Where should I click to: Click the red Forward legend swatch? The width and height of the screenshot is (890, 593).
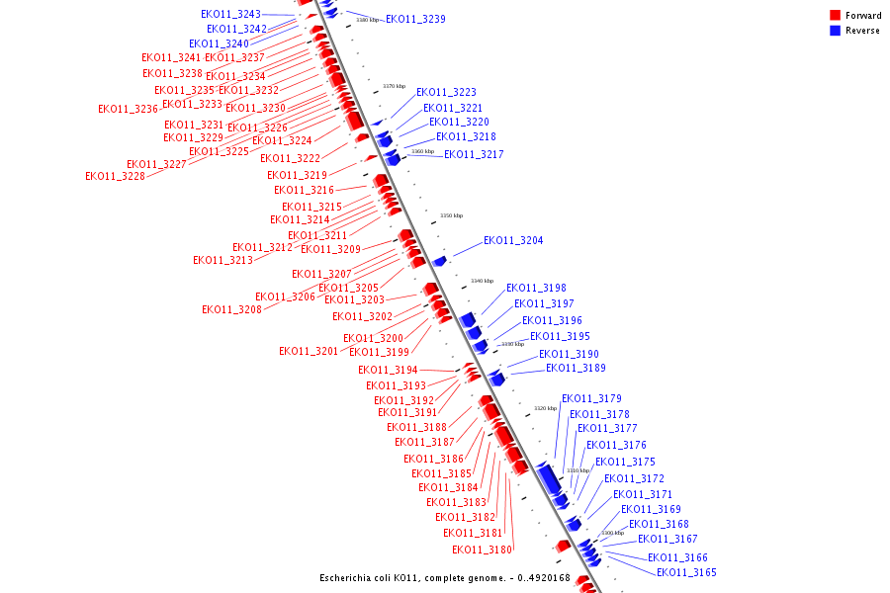[x=836, y=15]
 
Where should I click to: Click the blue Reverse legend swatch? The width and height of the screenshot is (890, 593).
[x=836, y=31]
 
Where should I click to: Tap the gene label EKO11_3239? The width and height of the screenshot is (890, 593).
[x=415, y=20]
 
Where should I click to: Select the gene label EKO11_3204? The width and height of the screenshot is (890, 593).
[x=513, y=241]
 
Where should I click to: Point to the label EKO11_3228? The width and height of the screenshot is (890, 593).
[x=115, y=177]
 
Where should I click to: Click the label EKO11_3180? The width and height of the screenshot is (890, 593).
[x=483, y=551]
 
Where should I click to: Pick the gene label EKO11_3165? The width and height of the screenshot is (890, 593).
[x=686, y=573]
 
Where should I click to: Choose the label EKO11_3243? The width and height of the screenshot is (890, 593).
[x=230, y=15]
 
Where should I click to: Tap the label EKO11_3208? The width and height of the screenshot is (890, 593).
[x=231, y=310]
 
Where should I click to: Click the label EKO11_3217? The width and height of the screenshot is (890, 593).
[x=474, y=155]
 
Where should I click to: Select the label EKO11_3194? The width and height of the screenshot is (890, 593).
[x=388, y=371]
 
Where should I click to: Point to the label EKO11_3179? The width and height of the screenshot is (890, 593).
[x=591, y=399]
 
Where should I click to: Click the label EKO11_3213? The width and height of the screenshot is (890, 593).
[x=222, y=261]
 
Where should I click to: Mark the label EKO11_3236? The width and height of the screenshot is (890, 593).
[x=128, y=110]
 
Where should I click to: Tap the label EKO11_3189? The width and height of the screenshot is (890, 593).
[x=576, y=369]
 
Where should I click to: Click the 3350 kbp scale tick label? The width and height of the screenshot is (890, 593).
[x=451, y=215]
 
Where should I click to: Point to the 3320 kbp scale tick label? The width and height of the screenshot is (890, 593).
[x=545, y=408]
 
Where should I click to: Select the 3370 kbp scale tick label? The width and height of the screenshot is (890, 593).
[x=394, y=86]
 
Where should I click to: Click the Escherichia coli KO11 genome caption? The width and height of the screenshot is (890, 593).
[x=445, y=578]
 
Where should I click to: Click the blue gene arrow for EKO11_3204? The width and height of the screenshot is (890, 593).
[x=440, y=261]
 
